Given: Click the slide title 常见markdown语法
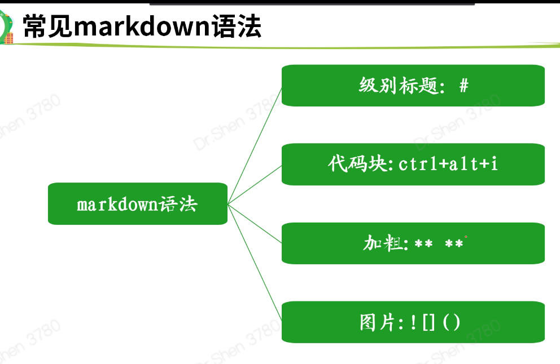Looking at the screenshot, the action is tap(141, 26).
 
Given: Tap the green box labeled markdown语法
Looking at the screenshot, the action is tap(137, 203).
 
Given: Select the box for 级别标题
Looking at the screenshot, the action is tap(413, 85).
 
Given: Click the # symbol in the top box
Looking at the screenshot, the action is tap(463, 86).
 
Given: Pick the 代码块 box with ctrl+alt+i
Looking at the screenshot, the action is tap(413, 164).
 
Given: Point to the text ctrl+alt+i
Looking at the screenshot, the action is tap(448, 164).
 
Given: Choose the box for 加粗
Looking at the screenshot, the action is tap(413, 243).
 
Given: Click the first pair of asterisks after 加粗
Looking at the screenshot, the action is tap(423, 244).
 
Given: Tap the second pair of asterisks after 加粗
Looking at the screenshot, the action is tap(454, 244).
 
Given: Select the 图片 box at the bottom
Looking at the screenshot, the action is tap(413, 322).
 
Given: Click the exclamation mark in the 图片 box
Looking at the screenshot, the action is tap(413, 322).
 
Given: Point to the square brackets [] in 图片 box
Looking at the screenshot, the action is tap(428, 322).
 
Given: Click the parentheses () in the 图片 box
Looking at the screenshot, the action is tap(452, 322).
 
